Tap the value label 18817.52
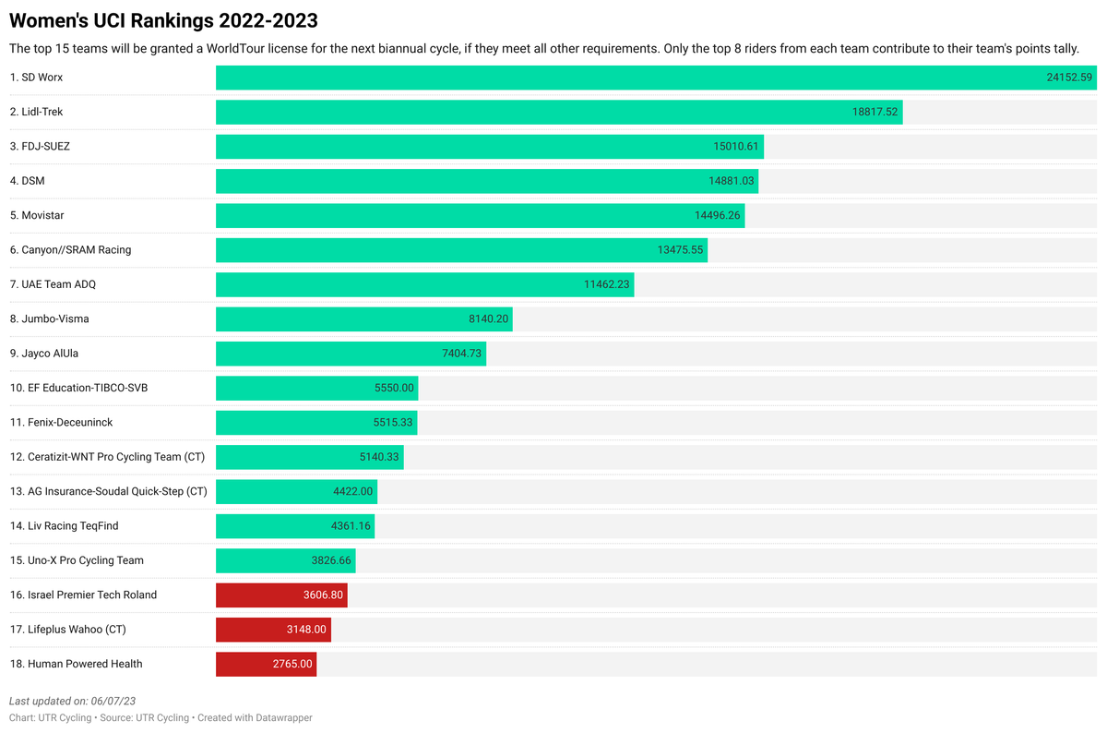875,112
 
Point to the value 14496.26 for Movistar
717,215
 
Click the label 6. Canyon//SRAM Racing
71,249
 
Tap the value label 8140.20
488,318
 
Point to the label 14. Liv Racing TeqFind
64,525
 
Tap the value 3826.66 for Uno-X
331,560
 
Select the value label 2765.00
292,664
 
